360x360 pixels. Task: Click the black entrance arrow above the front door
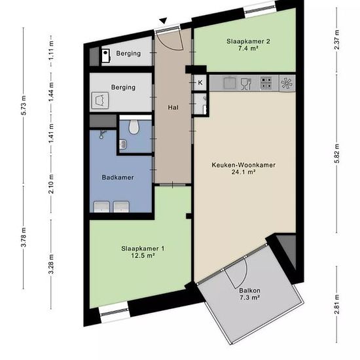tap(164, 21)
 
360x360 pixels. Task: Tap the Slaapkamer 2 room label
tap(248, 45)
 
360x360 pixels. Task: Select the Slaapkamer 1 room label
tap(143, 252)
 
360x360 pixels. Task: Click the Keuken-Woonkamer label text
tap(243, 165)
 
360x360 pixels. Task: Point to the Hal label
tap(173, 107)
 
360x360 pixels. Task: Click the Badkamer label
tap(118, 177)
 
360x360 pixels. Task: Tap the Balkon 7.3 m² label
tap(250, 294)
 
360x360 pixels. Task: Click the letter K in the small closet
tap(200, 82)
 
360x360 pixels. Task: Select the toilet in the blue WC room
tap(134, 127)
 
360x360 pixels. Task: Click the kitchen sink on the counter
tap(230, 82)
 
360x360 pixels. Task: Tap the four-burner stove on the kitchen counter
tap(266, 83)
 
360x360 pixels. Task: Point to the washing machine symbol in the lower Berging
tap(100, 100)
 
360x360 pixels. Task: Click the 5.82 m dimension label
tap(337, 153)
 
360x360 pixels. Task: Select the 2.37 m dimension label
tap(337, 40)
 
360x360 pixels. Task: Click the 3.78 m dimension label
tap(24, 237)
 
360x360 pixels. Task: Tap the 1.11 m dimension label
tap(51, 50)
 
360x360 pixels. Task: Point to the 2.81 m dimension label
tap(337, 304)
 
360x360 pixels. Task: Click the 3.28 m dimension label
tap(51, 264)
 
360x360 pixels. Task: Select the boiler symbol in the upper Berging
tap(106, 56)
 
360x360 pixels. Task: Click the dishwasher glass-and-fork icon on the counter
tap(246, 84)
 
